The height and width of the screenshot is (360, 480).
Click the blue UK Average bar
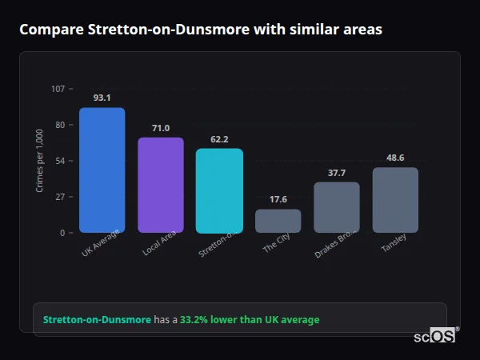(x=102, y=170)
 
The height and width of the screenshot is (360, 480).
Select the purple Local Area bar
(x=161, y=186)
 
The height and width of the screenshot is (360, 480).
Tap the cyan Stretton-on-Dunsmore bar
(x=219, y=191)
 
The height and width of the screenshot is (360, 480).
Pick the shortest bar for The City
(x=278, y=221)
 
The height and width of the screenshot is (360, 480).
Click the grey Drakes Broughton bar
(x=337, y=207)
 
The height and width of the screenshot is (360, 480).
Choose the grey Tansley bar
(x=395, y=200)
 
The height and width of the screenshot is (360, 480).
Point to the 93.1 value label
(x=102, y=98)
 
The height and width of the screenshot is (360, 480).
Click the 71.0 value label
(x=161, y=128)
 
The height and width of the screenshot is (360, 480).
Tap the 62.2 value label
(x=219, y=139)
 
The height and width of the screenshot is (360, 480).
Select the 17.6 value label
(x=278, y=199)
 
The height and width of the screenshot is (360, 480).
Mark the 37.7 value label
(x=337, y=173)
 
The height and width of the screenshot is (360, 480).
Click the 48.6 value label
(x=395, y=158)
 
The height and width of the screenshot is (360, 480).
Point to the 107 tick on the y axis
(x=58, y=89)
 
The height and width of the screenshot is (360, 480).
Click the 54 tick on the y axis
(x=60, y=161)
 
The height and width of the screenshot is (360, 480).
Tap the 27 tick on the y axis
(x=60, y=197)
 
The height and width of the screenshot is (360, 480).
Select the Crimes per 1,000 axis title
(x=39, y=161)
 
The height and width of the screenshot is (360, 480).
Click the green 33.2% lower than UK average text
(x=250, y=320)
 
